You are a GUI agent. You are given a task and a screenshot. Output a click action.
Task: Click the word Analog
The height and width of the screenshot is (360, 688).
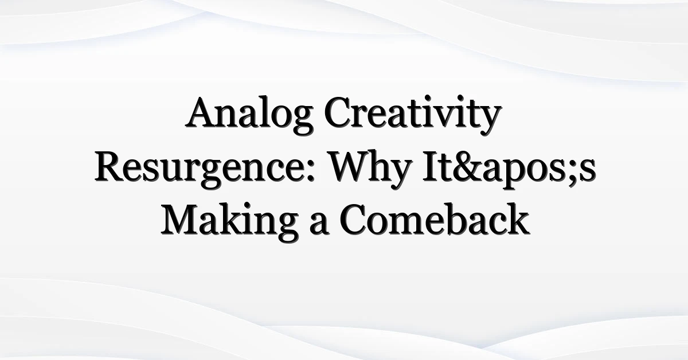point(249,115)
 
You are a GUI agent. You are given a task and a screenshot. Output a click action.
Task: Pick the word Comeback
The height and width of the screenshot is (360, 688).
point(435,220)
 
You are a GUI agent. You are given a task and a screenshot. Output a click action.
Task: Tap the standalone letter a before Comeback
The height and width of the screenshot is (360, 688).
point(319,225)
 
